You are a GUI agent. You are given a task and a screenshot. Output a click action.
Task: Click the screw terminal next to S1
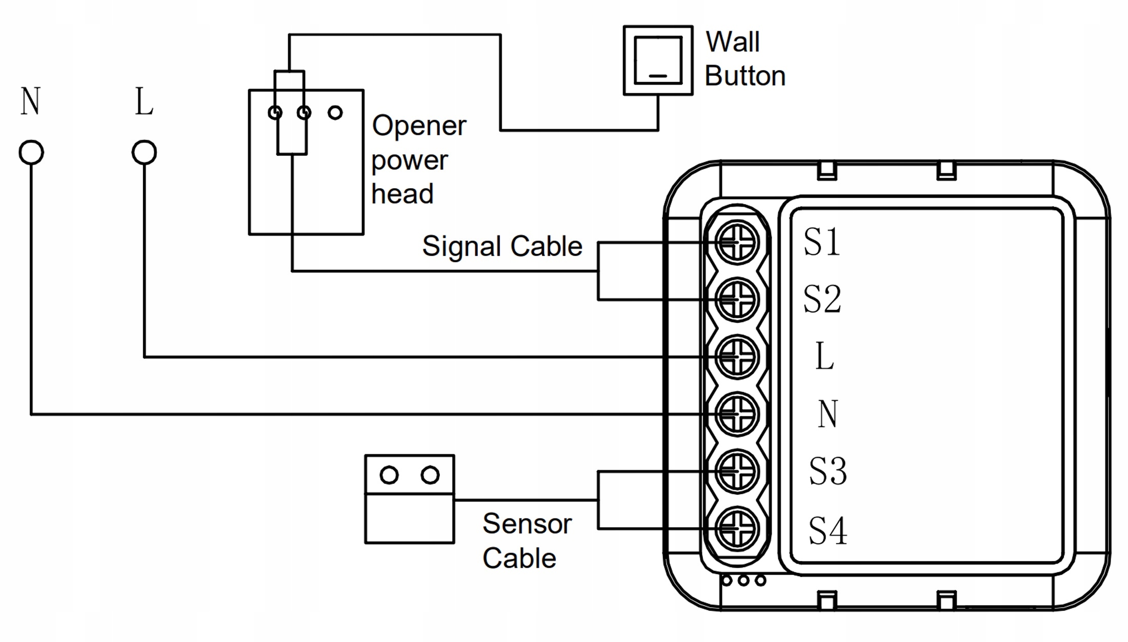pyautogui.click(x=737, y=242)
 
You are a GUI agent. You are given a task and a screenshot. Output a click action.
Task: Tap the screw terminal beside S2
pyautogui.click(x=737, y=299)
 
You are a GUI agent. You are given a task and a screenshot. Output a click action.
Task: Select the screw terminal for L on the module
pyautogui.click(x=737, y=357)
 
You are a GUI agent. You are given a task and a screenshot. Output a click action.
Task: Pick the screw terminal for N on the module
pyautogui.click(x=737, y=414)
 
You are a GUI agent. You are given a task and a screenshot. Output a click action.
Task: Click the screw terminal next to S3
pyautogui.click(x=737, y=471)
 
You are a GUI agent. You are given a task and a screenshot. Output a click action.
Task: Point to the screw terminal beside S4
pyautogui.click(x=737, y=529)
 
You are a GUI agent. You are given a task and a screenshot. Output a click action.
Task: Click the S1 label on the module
pyautogui.click(x=822, y=242)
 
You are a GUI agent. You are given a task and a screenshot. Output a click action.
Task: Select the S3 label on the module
pyautogui.click(x=828, y=471)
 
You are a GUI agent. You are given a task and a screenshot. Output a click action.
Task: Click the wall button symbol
pyautogui.click(x=658, y=61)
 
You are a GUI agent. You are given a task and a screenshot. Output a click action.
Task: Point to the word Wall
pyautogui.click(x=732, y=42)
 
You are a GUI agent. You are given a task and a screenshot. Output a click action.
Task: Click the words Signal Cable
pyautogui.click(x=502, y=246)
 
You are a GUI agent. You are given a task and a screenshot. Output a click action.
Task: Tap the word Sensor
pyautogui.click(x=527, y=524)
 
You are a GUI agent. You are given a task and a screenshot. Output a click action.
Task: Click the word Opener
pyautogui.click(x=419, y=126)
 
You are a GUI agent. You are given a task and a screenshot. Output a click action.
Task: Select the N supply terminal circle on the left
pyautogui.click(x=31, y=152)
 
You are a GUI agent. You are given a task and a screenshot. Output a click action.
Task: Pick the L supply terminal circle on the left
pyautogui.click(x=144, y=152)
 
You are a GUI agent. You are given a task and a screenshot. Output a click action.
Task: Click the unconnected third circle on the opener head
pyautogui.click(x=335, y=112)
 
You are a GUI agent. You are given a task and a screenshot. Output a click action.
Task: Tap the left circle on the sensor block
pyautogui.click(x=389, y=475)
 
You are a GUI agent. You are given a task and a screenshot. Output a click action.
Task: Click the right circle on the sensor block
pyautogui.click(x=430, y=475)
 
